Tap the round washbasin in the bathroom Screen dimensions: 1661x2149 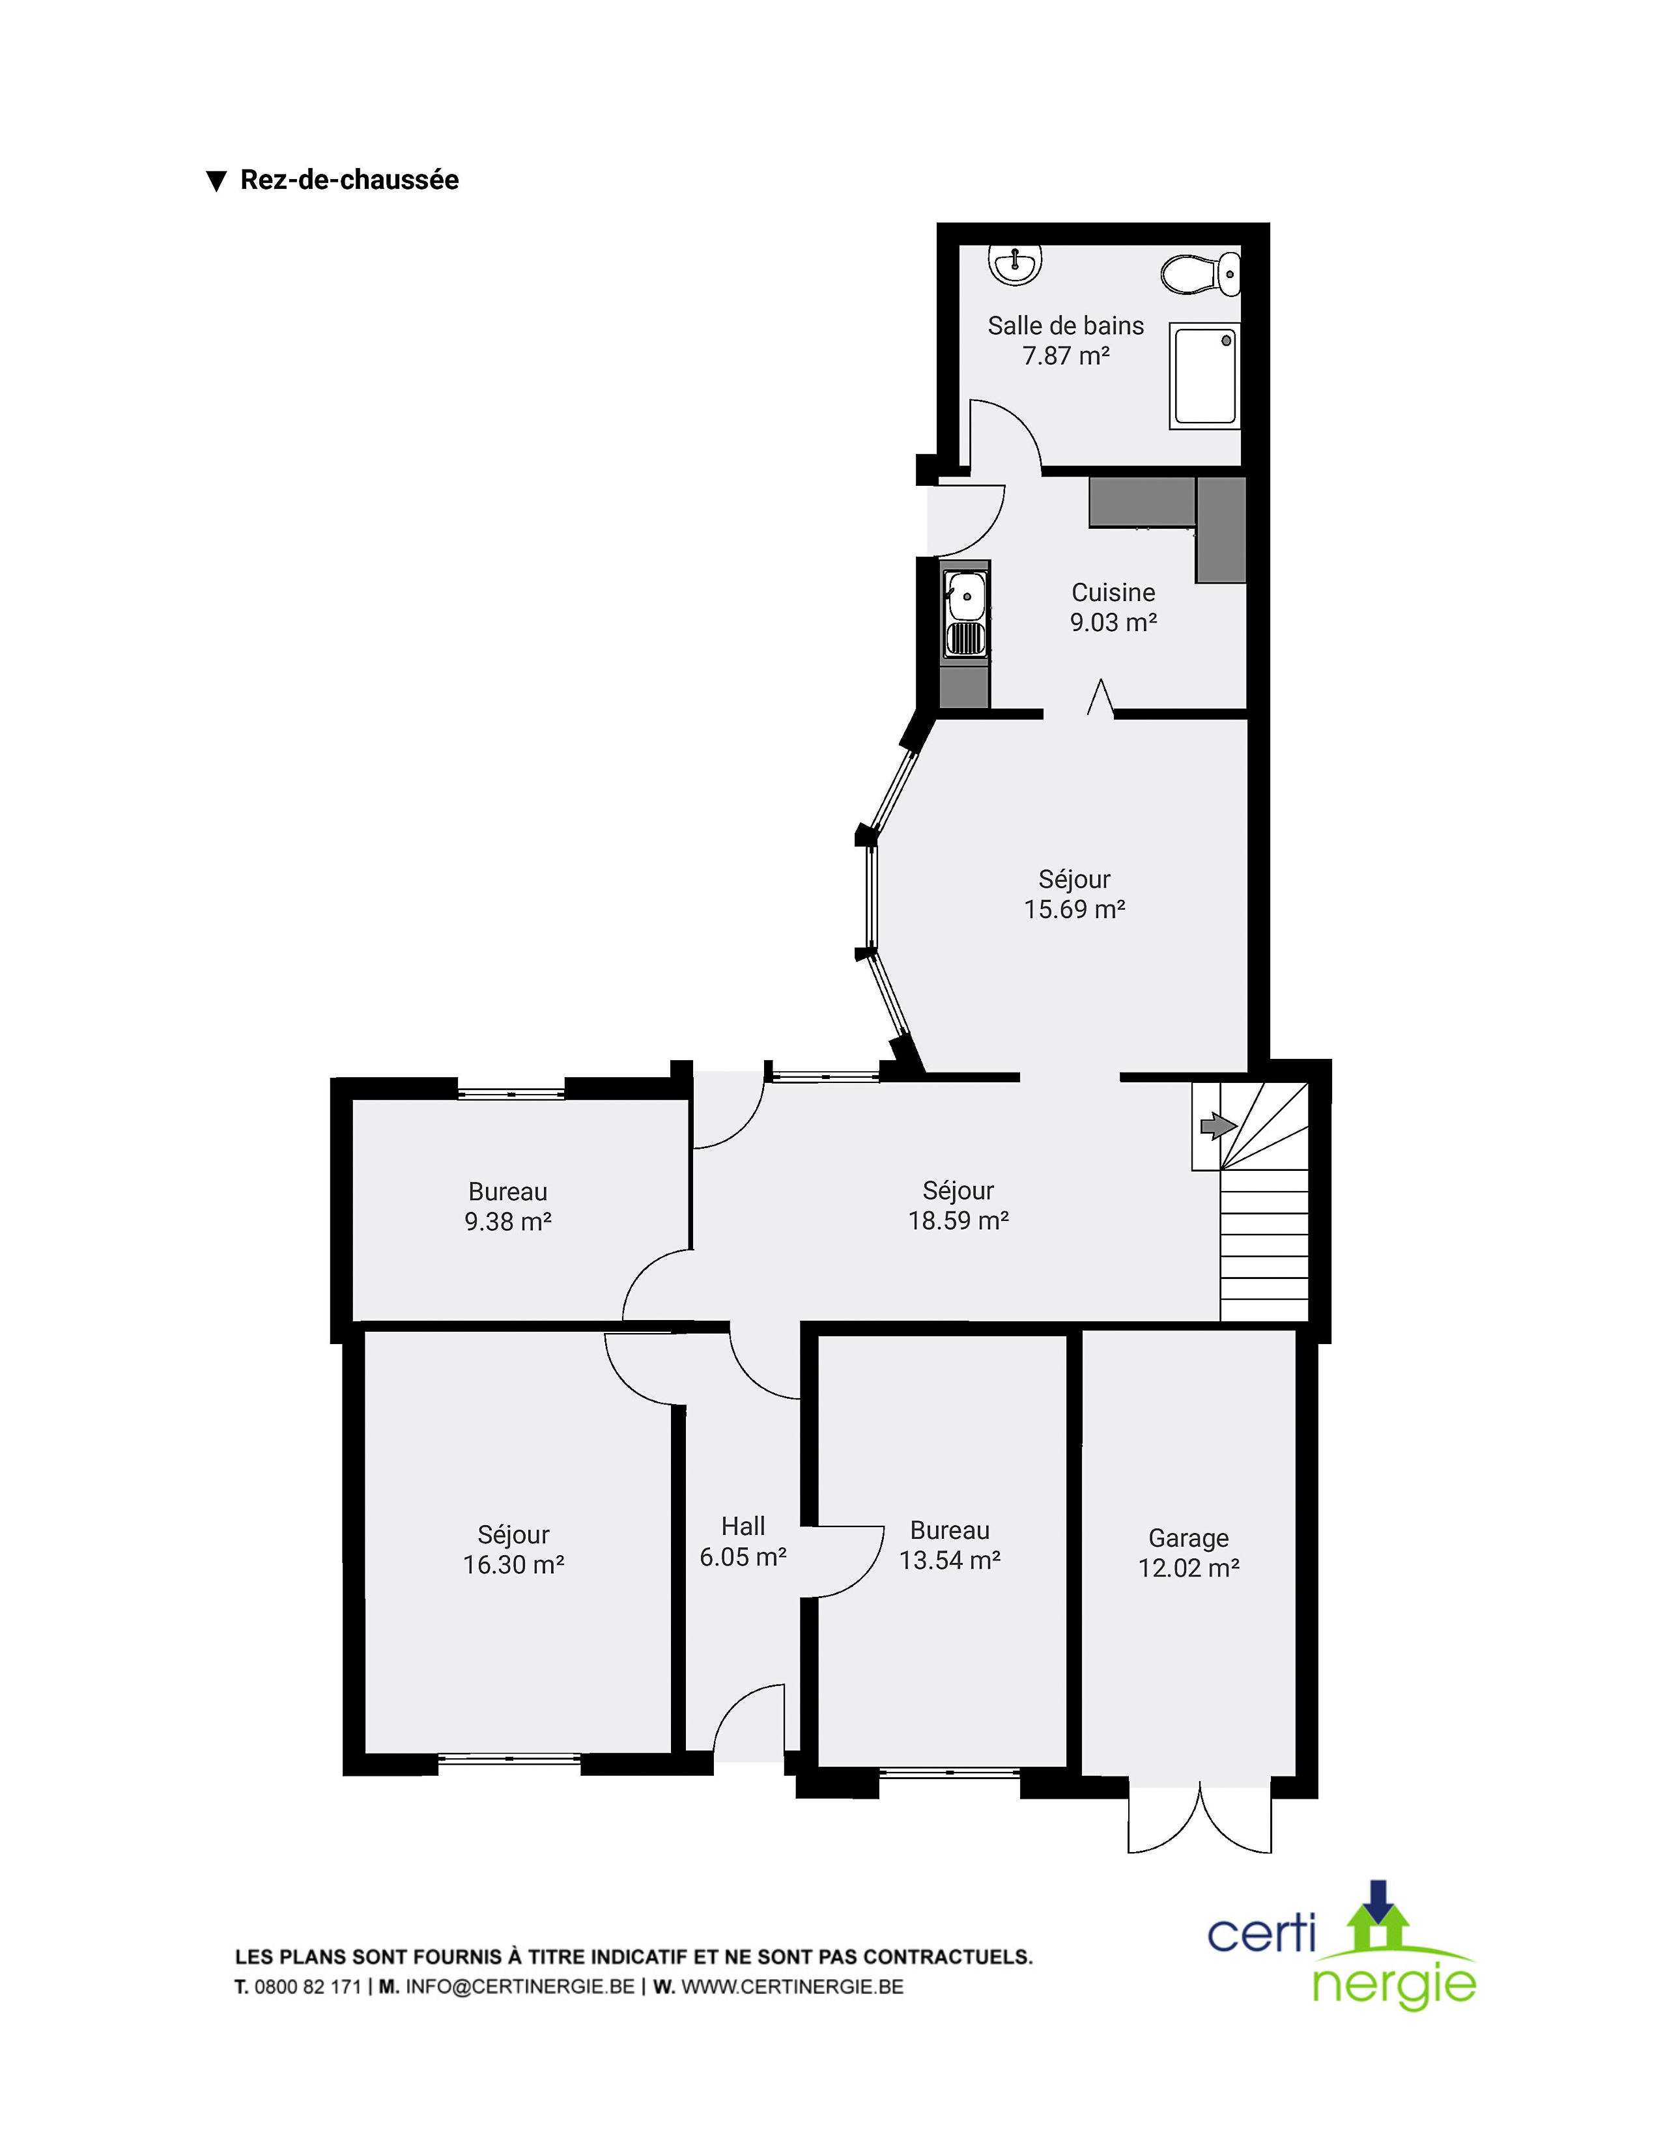pyautogui.click(x=1014, y=264)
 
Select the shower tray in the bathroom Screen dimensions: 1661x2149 pyautogui.click(x=1204, y=376)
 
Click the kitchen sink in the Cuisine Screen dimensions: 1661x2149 pyautogui.click(x=966, y=615)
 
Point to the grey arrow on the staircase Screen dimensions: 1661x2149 pyautogui.click(x=1218, y=1125)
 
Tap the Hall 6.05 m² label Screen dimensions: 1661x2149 pyautogui.click(x=743, y=1541)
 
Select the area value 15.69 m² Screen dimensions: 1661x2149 pyautogui.click(x=1075, y=909)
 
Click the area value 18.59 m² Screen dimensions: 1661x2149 pyautogui.click(x=958, y=1221)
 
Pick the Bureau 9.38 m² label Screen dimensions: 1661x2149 pyautogui.click(x=508, y=1206)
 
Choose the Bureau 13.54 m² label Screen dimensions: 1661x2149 pyautogui.click(x=950, y=1545)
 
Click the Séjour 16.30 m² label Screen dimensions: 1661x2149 pyautogui.click(x=514, y=1550)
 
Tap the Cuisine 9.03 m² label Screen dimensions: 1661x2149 pyautogui.click(x=1113, y=607)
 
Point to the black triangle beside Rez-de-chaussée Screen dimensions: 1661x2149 pyautogui.click(x=216, y=181)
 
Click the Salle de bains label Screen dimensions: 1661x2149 pyautogui.click(x=1066, y=326)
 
